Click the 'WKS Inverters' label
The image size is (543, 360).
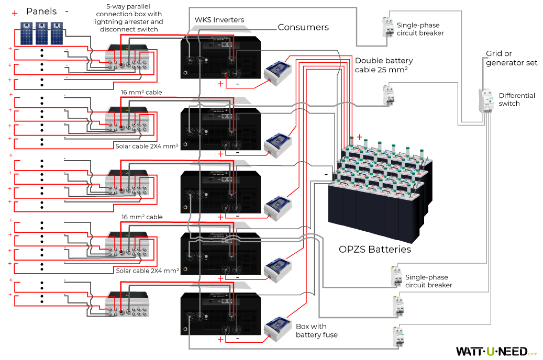click(x=219, y=20)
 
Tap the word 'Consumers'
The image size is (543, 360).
click(x=303, y=27)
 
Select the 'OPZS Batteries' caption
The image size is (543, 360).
click(x=375, y=250)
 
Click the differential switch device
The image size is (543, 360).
click(x=487, y=100)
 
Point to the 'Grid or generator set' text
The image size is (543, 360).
click(x=511, y=58)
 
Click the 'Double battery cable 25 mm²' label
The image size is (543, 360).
click(x=383, y=65)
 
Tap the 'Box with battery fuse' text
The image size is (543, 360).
click(x=316, y=331)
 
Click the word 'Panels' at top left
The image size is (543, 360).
click(x=41, y=11)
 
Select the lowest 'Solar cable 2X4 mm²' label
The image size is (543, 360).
click(x=148, y=271)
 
